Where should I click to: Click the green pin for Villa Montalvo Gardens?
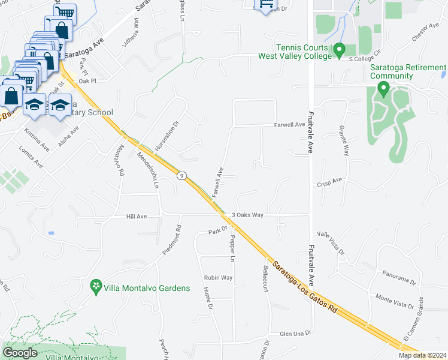coord(95,287)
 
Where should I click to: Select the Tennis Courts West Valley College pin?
coord(339,48)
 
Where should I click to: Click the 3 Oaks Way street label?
coord(247,215)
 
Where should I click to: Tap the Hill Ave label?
coord(136,216)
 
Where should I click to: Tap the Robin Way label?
coord(218,278)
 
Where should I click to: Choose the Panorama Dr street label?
coord(399,277)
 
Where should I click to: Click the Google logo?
coord(20,352)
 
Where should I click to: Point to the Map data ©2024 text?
coord(422,355)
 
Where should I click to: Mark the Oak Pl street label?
coord(87,80)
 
